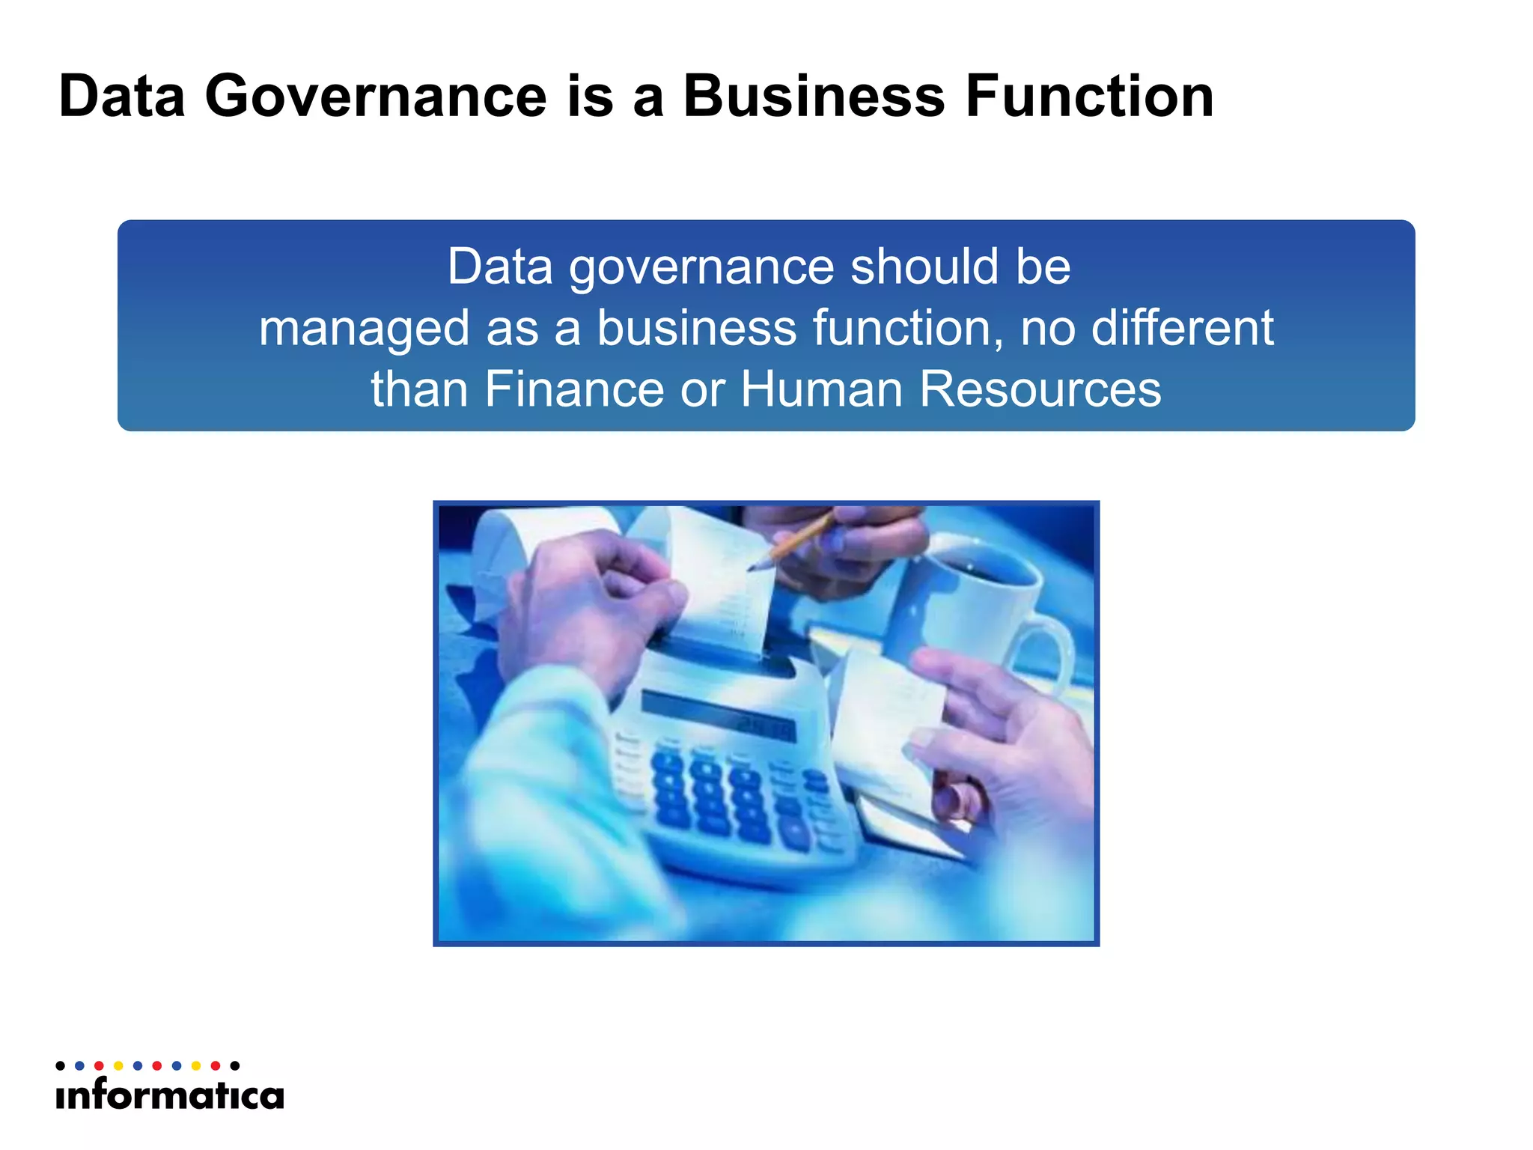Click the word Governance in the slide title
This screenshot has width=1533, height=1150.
click(x=376, y=97)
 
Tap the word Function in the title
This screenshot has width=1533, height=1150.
click(x=1089, y=97)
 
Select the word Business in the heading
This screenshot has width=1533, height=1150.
click(x=814, y=97)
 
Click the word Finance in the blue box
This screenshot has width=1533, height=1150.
click(x=574, y=389)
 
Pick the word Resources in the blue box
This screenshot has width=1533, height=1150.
click(x=1040, y=389)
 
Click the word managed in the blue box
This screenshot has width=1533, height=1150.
click(x=365, y=329)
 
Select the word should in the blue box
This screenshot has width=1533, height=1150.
click(x=924, y=267)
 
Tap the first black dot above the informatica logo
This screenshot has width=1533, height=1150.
click(x=61, y=1065)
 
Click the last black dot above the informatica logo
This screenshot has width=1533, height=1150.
click(x=235, y=1065)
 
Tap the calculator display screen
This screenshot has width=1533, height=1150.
click(x=719, y=715)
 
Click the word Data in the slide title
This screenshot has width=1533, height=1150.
click(x=122, y=97)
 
